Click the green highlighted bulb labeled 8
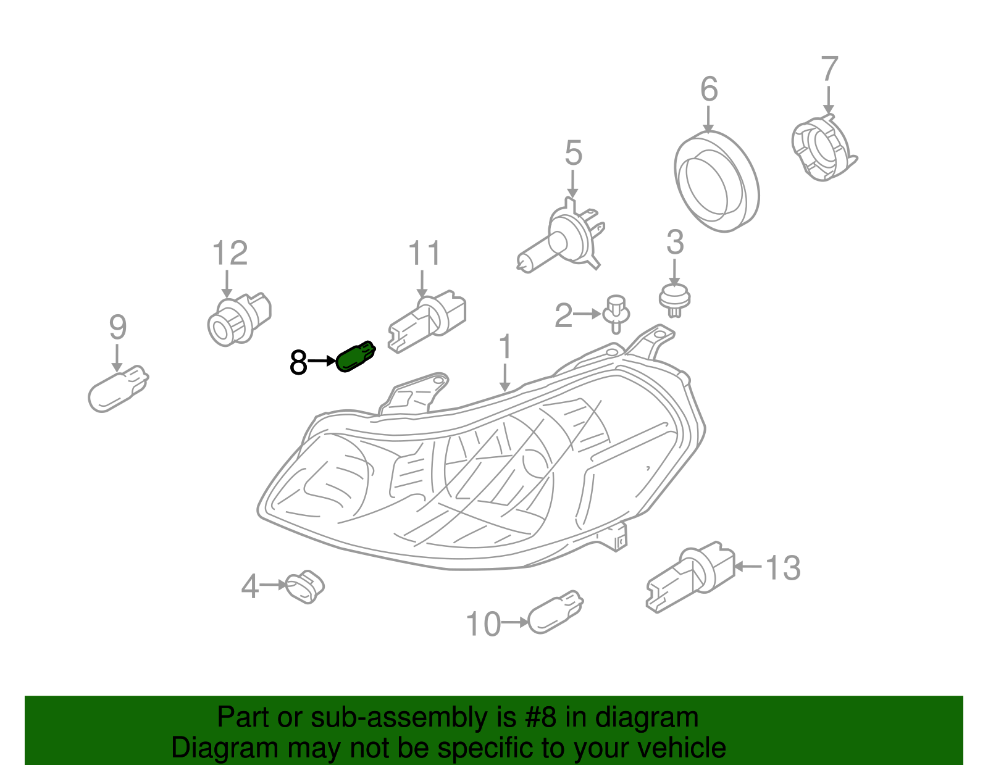[x=355, y=357]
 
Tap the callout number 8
[x=298, y=362]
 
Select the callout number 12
[x=230, y=254]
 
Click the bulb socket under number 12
[x=238, y=319]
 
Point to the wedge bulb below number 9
[x=118, y=388]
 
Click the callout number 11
[x=425, y=254]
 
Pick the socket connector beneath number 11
[x=427, y=321]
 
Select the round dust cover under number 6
[x=716, y=182]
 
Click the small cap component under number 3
[x=674, y=299]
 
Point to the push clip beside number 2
[x=616, y=313]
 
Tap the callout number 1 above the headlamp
[x=506, y=348]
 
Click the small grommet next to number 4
[x=304, y=586]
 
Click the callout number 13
[x=783, y=568]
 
